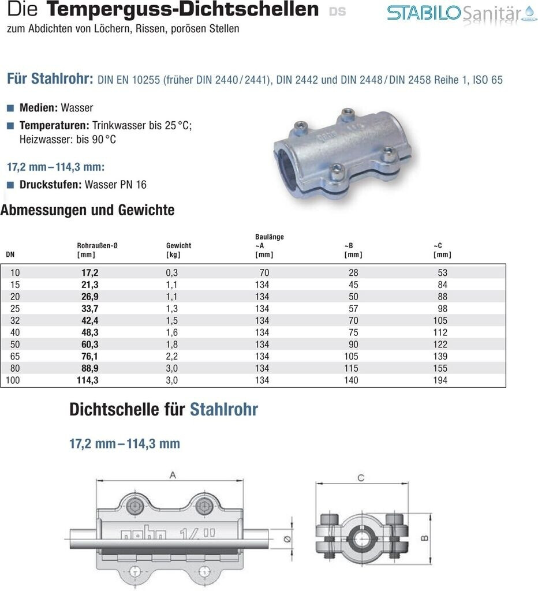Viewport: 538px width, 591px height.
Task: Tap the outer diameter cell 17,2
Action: tap(88, 272)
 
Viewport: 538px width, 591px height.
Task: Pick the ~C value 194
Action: tap(442, 380)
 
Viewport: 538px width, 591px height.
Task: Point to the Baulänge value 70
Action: tap(264, 272)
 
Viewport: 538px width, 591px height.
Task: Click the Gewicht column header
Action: tap(178, 245)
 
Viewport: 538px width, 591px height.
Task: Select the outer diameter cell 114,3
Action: tap(88, 380)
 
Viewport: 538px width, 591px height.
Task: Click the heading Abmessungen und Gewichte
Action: tap(87, 210)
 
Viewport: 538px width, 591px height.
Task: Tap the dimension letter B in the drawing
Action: tap(425, 538)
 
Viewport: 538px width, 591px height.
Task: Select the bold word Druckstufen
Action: tap(50, 185)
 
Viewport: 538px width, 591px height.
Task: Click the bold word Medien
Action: tap(37, 108)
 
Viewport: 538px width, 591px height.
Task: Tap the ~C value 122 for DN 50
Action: tap(442, 344)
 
